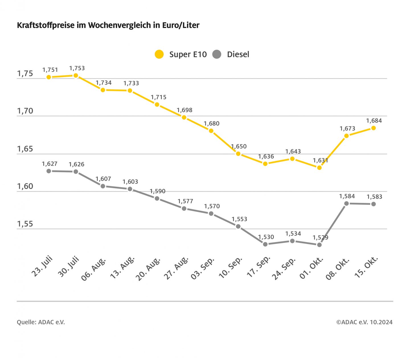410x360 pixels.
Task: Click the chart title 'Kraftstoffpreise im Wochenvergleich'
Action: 108,25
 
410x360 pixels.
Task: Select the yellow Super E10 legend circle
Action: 159,54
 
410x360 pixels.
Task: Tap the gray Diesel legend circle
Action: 217,54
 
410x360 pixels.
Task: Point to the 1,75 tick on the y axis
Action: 25,74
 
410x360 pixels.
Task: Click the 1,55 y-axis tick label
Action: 25,224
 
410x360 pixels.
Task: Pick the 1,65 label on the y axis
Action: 25,149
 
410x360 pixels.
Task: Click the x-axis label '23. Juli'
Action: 42,267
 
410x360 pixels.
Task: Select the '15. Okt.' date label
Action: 366,267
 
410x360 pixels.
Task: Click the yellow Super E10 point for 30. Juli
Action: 76,76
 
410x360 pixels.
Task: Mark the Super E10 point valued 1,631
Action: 319,168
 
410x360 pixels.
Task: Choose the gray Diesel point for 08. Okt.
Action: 347,204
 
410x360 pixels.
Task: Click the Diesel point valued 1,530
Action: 265,244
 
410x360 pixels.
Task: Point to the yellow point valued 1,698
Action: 184,117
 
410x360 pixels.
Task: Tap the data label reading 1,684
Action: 374,121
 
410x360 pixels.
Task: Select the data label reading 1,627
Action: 50,164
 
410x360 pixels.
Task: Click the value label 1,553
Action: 239,219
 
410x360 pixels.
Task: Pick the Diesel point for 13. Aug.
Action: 130,189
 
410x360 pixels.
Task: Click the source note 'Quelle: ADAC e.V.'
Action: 41,322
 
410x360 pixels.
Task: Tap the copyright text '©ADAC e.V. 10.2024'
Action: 364,322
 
